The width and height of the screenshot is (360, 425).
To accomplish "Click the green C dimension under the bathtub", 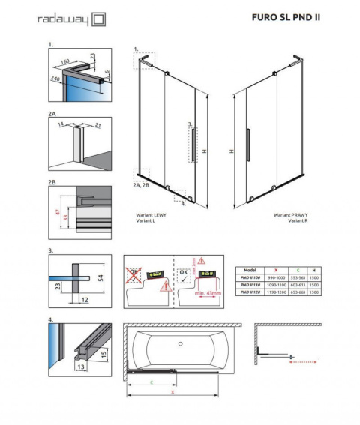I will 153,382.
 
